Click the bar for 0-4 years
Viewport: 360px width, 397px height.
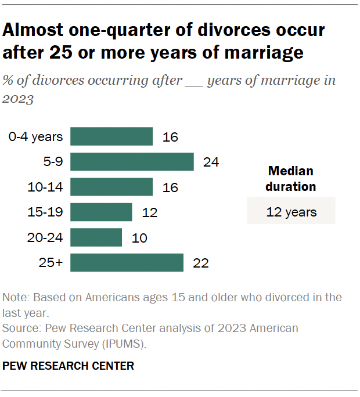coord(111,136)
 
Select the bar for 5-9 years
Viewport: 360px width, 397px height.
coord(132,162)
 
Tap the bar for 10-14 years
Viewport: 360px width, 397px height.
coord(111,187)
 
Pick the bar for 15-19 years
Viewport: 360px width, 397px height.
coord(101,212)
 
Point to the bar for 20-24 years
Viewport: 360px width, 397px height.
coord(96,237)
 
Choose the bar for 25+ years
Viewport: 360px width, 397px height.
coord(127,262)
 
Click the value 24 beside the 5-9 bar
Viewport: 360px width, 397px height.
coord(211,162)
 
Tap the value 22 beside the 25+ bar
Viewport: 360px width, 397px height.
coord(201,263)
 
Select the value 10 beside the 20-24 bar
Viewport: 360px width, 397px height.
coord(139,237)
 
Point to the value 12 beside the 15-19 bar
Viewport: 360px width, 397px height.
coord(150,212)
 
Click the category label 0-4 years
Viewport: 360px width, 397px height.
coord(35,137)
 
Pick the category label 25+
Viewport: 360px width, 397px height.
coord(51,263)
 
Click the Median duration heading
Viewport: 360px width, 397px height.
coord(291,179)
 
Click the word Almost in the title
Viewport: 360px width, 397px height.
coord(38,30)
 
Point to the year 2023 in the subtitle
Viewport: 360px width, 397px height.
coord(18,99)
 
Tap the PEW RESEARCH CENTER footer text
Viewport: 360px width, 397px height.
coord(69,366)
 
